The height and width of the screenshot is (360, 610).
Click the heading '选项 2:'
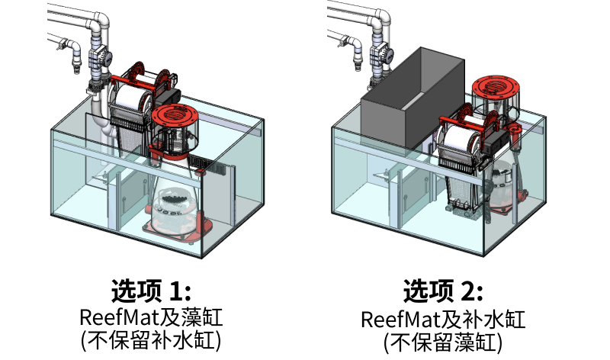[x=443, y=291]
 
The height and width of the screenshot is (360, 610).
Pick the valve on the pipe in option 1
[x=101, y=57]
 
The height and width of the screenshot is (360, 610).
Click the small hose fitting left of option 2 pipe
[x=356, y=56]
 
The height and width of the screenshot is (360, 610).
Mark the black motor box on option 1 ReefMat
[x=168, y=95]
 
